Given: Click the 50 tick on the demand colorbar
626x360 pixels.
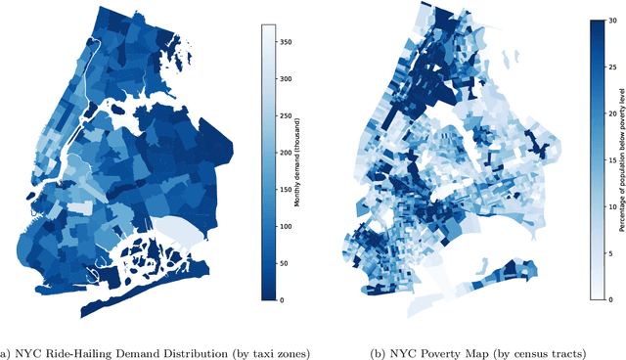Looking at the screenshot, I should pos(286,263).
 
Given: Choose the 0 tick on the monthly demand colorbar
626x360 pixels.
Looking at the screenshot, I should pos(284,300).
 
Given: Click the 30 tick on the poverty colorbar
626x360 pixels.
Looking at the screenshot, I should pos(609,21).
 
